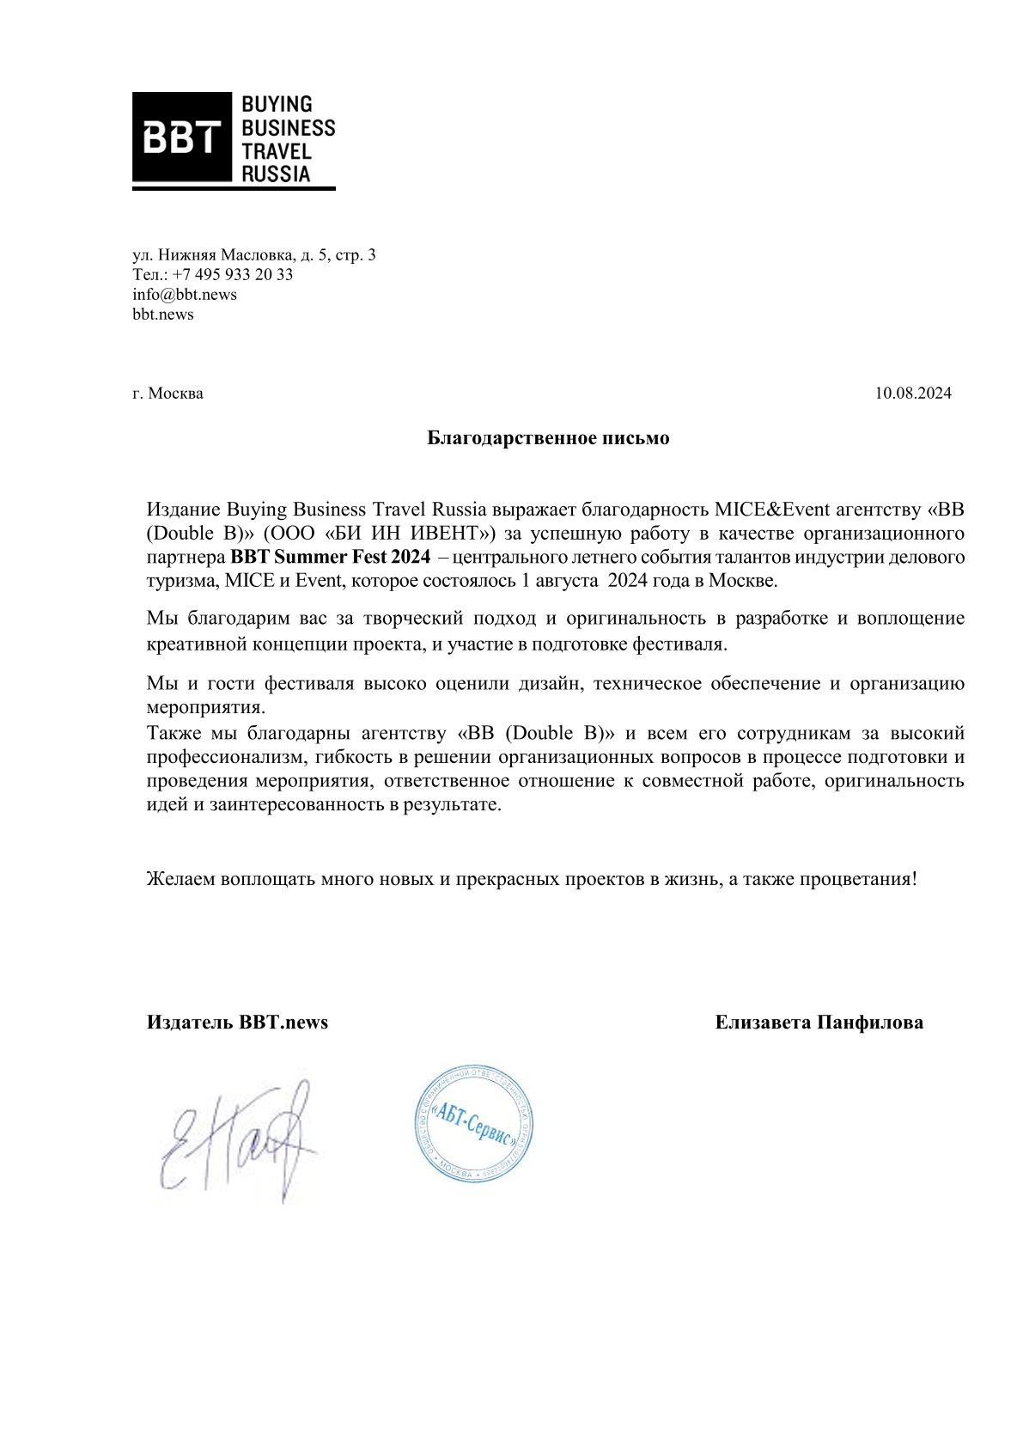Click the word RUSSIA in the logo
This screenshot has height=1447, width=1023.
[x=276, y=174]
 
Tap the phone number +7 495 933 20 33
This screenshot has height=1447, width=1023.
[x=233, y=275]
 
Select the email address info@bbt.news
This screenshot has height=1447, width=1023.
[x=185, y=295]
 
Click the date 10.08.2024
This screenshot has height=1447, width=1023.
[x=913, y=394]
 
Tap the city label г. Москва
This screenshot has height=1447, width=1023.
[x=168, y=394]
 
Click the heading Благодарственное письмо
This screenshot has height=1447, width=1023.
[x=548, y=438]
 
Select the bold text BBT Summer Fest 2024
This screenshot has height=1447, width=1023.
[x=330, y=557]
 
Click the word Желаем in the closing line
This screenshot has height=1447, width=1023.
[x=180, y=880]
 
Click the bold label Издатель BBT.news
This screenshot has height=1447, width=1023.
[x=237, y=1023]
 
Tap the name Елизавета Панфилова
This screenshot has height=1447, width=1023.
[x=819, y=1023]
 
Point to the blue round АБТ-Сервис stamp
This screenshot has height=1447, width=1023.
[x=475, y=1124]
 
